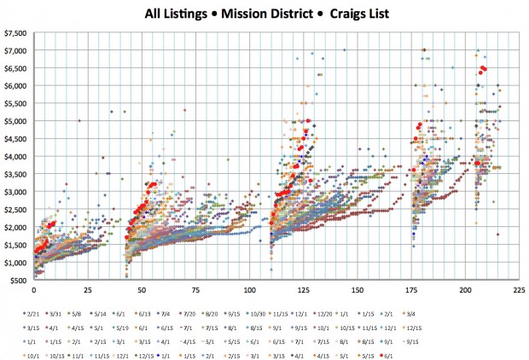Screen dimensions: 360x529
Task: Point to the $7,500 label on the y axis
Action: [16, 33]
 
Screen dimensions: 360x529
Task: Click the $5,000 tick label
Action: [16, 121]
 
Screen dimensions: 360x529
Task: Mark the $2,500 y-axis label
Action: [16, 210]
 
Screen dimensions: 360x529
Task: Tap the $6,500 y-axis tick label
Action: [16, 68]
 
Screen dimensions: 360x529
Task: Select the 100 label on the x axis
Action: [249, 288]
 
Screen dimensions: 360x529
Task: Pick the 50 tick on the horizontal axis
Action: [142, 288]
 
